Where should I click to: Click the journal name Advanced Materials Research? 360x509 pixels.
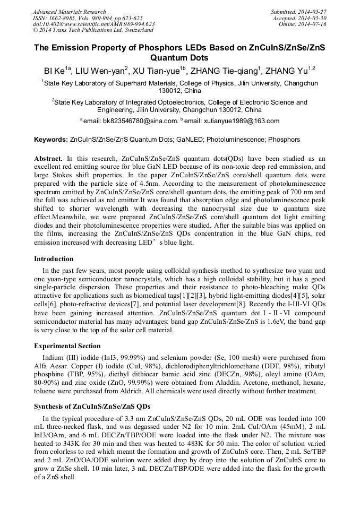click(x=69, y=12)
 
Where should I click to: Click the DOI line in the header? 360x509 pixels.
click(x=93, y=24)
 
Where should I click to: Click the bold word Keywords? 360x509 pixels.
click(x=51, y=140)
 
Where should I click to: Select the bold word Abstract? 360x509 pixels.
click(x=48, y=159)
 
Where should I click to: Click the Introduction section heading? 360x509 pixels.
click(x=54, y=259)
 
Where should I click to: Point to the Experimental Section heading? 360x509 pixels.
click(x=67, y=346)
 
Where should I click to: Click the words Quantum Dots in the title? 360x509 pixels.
click(x=179, y=58)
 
